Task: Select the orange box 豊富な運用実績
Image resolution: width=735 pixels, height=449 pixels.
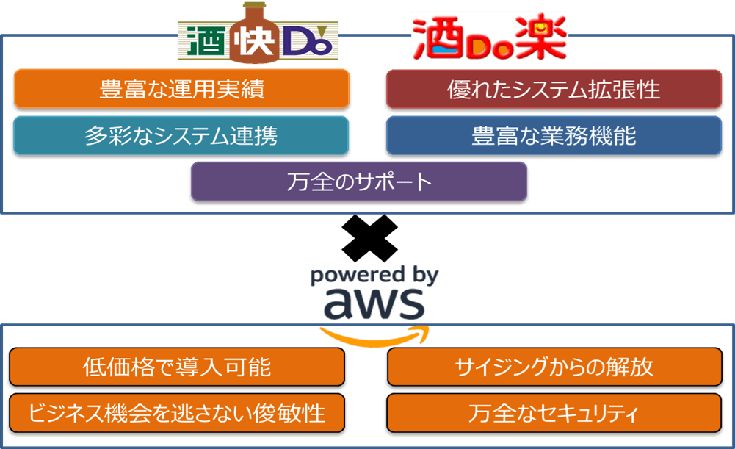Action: [x=181, y=90]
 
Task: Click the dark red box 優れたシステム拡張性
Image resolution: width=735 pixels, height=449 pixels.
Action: [x=554, y=90]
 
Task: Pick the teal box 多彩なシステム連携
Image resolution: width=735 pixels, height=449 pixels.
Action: [x=181, y=136]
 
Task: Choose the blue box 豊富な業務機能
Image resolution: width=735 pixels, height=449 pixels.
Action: [x=554, y=136]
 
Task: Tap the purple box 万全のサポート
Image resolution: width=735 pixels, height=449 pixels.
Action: [x=359, y=182]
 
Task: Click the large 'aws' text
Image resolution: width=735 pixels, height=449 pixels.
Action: [x=374, y=302]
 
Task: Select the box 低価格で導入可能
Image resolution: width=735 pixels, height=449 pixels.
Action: [x=177, y=367]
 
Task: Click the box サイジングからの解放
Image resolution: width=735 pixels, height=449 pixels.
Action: [x=554, y=367]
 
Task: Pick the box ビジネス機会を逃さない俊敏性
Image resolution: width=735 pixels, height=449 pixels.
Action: [x=177, y=413]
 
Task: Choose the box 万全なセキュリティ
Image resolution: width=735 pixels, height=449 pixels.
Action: [x=554, y=413]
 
